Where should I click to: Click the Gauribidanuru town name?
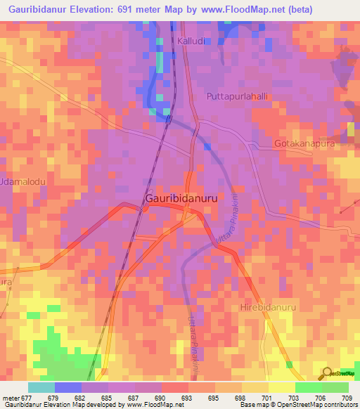pos(181,199)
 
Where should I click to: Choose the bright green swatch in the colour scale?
pos(308,387)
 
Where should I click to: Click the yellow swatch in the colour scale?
pos(281,387)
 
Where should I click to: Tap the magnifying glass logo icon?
pos(326,373)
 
